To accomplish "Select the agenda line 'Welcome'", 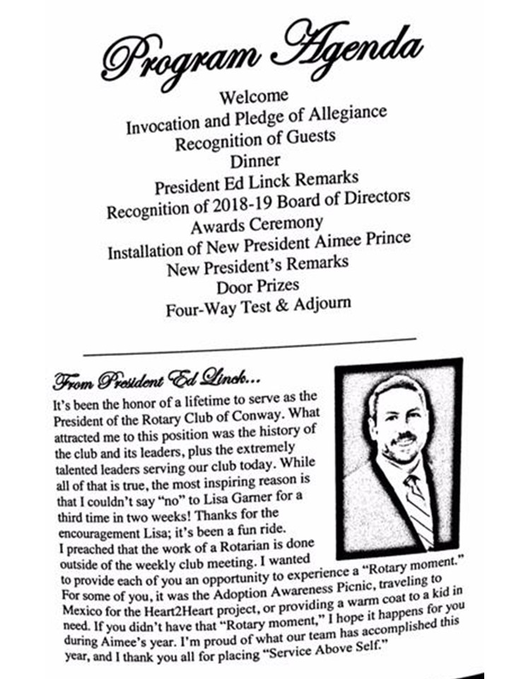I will (x=254, y=95).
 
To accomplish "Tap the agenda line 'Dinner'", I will (x=255, y=161).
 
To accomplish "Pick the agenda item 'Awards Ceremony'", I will (x=257, y=226).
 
